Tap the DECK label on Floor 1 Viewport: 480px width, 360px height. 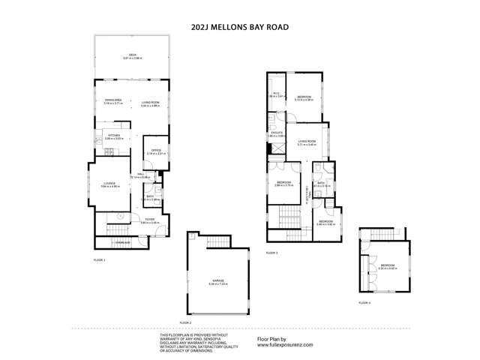click(132, 55)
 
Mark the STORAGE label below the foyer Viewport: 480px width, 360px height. click(122, 243)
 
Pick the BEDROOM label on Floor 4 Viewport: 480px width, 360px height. click(388, 265)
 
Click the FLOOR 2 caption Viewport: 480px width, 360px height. click(186, 322)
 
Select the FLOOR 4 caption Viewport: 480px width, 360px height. click(364, 302)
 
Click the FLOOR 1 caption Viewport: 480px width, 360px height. click(100, 259)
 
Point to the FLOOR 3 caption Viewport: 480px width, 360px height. click(272, 253)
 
